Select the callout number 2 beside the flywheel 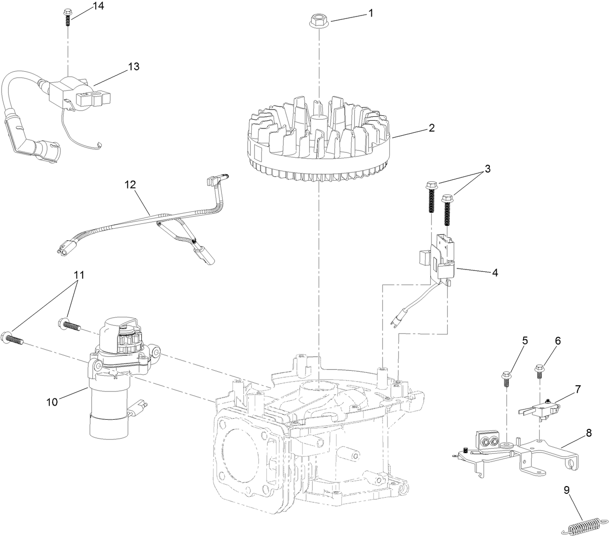pyautogui.click(x=431, y=128)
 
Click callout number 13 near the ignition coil pyautogui.click(x=134, y=67)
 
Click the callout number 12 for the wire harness pyautogui.click(x=130, y=185)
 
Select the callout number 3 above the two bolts pyautogui.click(x=487, y=169)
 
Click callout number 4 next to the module pyautogui.click(x=495, y=273)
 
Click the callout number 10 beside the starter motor pyautogui.click(x=52, y=402)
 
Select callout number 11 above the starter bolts pyautogui.click(x=79, y=275)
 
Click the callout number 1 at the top pyautogui.click(x=371, y=13)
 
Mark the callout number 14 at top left pyautogui.click(x=99, y=6)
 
